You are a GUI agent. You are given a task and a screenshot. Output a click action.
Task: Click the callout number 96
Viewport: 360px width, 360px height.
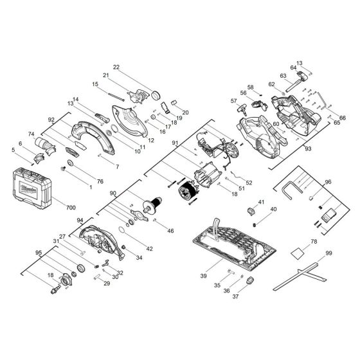click(x=328, y=182)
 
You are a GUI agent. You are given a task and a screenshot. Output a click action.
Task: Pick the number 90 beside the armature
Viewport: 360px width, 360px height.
click(x=114, y=192)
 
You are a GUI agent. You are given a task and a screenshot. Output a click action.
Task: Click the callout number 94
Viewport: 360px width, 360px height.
click(x=80, y=220)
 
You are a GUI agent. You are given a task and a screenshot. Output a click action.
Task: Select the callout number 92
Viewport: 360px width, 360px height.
click(x=51, y=119)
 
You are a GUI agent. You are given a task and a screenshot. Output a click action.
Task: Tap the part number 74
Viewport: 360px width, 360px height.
click(x=30, y=133)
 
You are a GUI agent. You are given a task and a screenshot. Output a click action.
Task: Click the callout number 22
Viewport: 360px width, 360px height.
click(x=116, y=67)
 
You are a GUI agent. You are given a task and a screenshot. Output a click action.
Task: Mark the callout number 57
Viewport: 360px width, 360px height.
click(x=234, y=101)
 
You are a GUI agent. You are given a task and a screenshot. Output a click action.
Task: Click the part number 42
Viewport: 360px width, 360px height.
click(x=149, y=248)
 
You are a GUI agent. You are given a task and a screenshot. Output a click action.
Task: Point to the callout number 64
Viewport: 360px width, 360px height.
click(x=292, y=68)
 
